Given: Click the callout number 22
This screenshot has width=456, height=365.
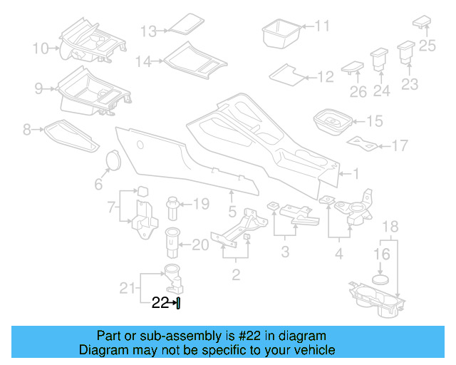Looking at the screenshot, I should (159, 303).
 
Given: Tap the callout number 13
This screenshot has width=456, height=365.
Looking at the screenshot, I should (147, 31).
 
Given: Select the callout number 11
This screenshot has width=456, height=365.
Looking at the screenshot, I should (323, 26).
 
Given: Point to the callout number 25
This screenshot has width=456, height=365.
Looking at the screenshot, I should (426, 46).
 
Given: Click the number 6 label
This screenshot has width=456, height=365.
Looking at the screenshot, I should (98, 184).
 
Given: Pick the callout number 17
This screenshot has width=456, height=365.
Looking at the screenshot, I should (400, 145).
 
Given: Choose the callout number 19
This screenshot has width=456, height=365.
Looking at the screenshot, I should (202, 205).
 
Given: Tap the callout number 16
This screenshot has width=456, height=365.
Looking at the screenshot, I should (382, 253).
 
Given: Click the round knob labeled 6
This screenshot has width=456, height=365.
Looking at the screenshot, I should (113, 161).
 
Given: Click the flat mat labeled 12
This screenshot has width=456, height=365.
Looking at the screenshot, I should (289, 74).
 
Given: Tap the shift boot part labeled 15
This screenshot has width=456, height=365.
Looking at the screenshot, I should (331, 123).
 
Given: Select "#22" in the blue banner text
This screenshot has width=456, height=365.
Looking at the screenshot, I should (226, 336).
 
